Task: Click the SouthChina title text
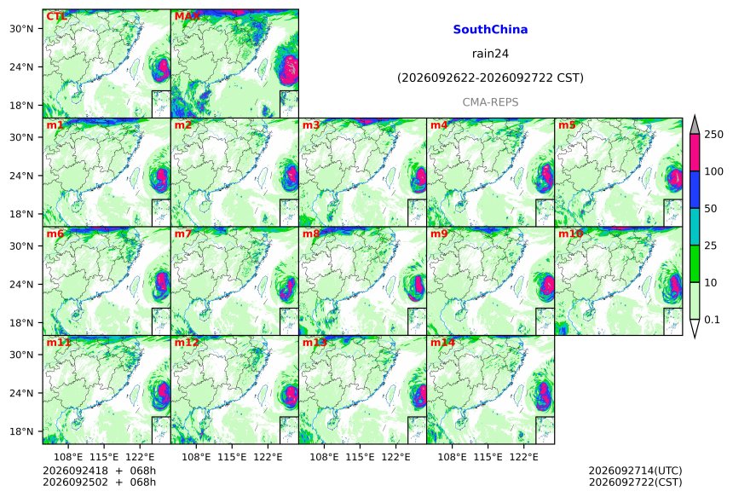(490, 30)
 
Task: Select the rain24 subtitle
(490, 54)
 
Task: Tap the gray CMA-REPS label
(490, 102)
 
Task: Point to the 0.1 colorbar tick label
(712, 320)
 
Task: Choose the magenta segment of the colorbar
(695, 153)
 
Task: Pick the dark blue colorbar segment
(695, 190)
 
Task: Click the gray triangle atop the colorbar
(695, 126)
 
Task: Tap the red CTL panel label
(55, 16)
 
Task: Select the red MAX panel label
(187, 16)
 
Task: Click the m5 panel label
(567, 125)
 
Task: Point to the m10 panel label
(570, 234)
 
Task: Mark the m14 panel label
(442, 343)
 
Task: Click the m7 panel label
(183, 234)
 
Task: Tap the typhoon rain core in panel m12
(291, 396)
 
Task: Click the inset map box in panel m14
(545, 431)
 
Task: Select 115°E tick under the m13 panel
(360, 457)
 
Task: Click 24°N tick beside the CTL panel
(21, 66)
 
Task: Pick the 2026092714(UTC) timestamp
(635, 471)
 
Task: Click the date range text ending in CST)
(490, 78)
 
